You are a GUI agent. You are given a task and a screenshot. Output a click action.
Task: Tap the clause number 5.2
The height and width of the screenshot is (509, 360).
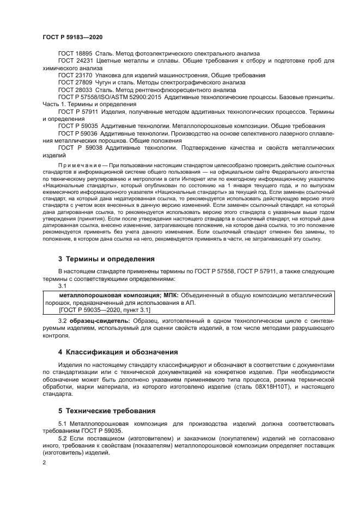pos(63,438)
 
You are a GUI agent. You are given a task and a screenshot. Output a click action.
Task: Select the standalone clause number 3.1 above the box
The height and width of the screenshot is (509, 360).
pos(62,285)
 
